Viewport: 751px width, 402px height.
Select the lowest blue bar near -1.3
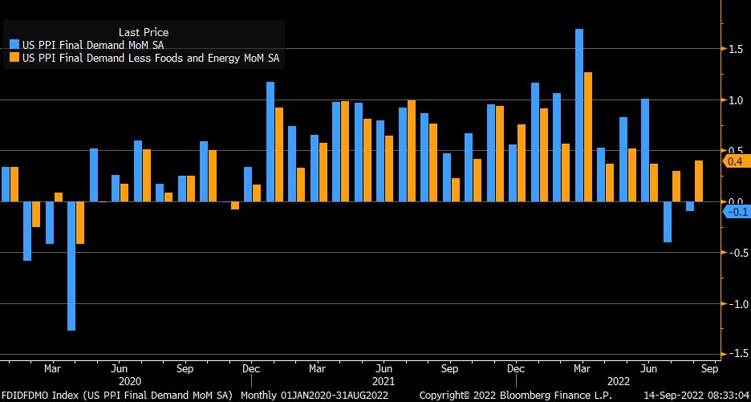(x=71, y=266)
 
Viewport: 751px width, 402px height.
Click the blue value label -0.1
(x=736, y=212)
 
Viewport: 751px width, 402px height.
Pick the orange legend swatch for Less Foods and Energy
(x=14, y=58)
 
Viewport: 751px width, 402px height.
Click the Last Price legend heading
(x=143, y=31)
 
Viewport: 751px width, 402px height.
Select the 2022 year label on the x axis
(x=618, y=381)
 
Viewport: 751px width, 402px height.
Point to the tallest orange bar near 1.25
(x=588, y=136)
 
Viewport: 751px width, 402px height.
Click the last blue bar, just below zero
(x=690, y=206)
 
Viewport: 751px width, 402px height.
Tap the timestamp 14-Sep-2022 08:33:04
(x=698, y=396)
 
